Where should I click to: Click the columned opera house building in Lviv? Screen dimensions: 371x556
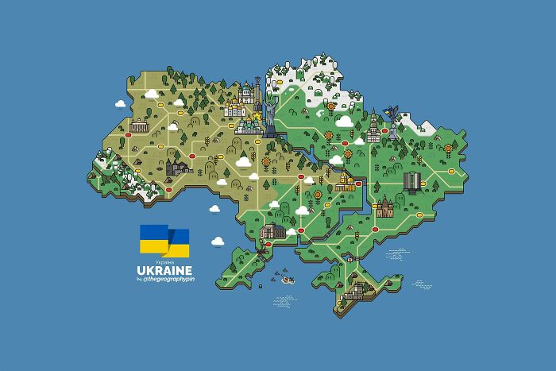(140, 126)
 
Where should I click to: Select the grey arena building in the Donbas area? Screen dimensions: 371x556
(413, 180)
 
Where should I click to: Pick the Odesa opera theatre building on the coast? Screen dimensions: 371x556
(273, 232)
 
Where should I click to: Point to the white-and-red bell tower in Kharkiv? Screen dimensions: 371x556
(372, 124)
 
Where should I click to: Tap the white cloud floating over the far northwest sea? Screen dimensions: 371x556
(121, 102)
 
